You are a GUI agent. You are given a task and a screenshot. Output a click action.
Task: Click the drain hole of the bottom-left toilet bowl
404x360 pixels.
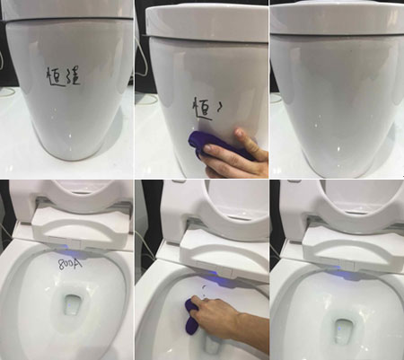point(75,304)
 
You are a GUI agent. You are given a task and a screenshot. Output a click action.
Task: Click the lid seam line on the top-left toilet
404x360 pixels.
point(67,19)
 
